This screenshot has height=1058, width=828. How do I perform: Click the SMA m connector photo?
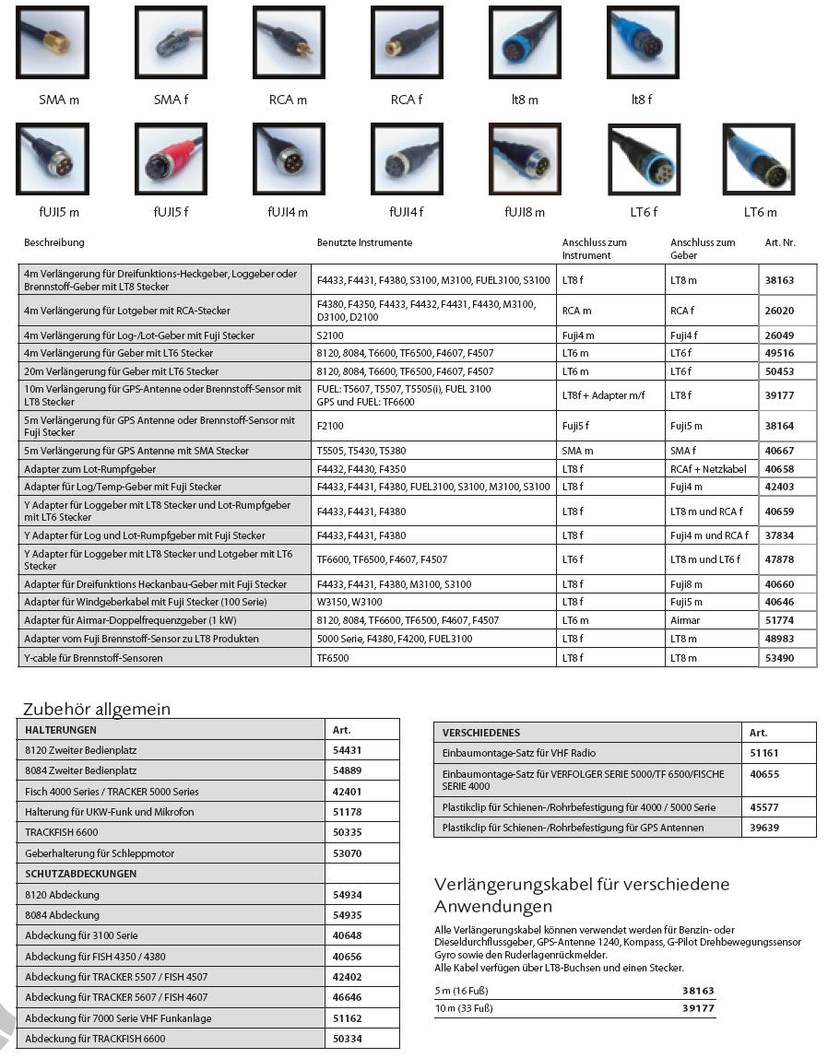53,42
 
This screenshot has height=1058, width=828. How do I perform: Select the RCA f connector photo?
407,42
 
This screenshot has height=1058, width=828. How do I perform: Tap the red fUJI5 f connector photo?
171,159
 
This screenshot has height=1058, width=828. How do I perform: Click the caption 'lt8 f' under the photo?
642,100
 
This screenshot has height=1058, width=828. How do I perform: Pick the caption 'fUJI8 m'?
525,212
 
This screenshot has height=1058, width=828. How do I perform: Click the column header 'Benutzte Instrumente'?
364,243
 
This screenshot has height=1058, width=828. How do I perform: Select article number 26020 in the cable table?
779,311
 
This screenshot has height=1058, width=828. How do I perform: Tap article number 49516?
779,353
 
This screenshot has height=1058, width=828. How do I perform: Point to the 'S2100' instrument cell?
330,335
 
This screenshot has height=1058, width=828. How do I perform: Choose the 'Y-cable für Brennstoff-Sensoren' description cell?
94,658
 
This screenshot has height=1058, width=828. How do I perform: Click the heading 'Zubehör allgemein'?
97,709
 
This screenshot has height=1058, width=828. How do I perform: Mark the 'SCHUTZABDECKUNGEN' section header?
81,874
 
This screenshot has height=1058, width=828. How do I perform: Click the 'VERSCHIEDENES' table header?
482,733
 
